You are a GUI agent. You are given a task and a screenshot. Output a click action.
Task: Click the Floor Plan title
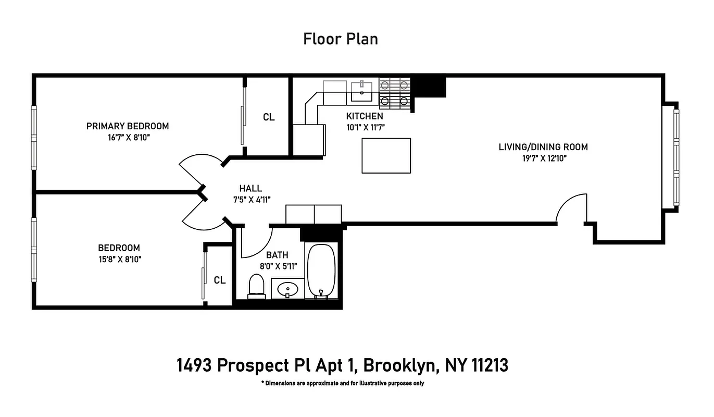pyautogui.click(x=341, y=39)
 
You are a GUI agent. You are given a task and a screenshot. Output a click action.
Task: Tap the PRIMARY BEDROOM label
pyautogui.click(x=128, y=126)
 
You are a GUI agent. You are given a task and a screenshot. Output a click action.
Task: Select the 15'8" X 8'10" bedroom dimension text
pyautogui.click(x=119, y=259)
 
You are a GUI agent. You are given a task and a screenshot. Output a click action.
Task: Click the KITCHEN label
pyautogui.click(x=365, y=116)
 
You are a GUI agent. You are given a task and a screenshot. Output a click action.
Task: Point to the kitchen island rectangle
pyautogui.click(x=386, y=155)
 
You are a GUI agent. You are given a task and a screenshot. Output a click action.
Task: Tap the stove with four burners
pyautogui.click(x=394, y=92)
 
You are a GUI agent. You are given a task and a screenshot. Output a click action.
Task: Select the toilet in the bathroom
pyautogui.click(x=257, y=287)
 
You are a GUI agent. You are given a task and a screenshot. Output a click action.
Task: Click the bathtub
pyautogui.click(x=322, y=271)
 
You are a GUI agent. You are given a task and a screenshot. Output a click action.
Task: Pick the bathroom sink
pyautogui.click(x=287, y=289)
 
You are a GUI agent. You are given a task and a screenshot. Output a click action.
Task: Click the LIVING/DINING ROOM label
pyautogui.click(x=543, y=147)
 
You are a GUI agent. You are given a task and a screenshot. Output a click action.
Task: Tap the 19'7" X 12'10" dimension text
pyautogui.click(x=543, y=158)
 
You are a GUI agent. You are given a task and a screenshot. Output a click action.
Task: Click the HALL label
pyautogui.click(x=250, y=189)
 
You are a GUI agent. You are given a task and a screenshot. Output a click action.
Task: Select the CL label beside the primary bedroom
pyautogui.click(x=268, y=117)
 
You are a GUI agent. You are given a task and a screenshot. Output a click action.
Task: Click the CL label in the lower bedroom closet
pyautogui.click(x=220, y=280)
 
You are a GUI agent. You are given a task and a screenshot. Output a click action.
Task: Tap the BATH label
pyautogui.click(x=277, y=255)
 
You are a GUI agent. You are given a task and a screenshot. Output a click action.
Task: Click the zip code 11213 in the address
pyautogui.click(x=490, y=366)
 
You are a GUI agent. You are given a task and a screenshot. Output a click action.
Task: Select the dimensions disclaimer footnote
pyautogui.click(x=342, y=384)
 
